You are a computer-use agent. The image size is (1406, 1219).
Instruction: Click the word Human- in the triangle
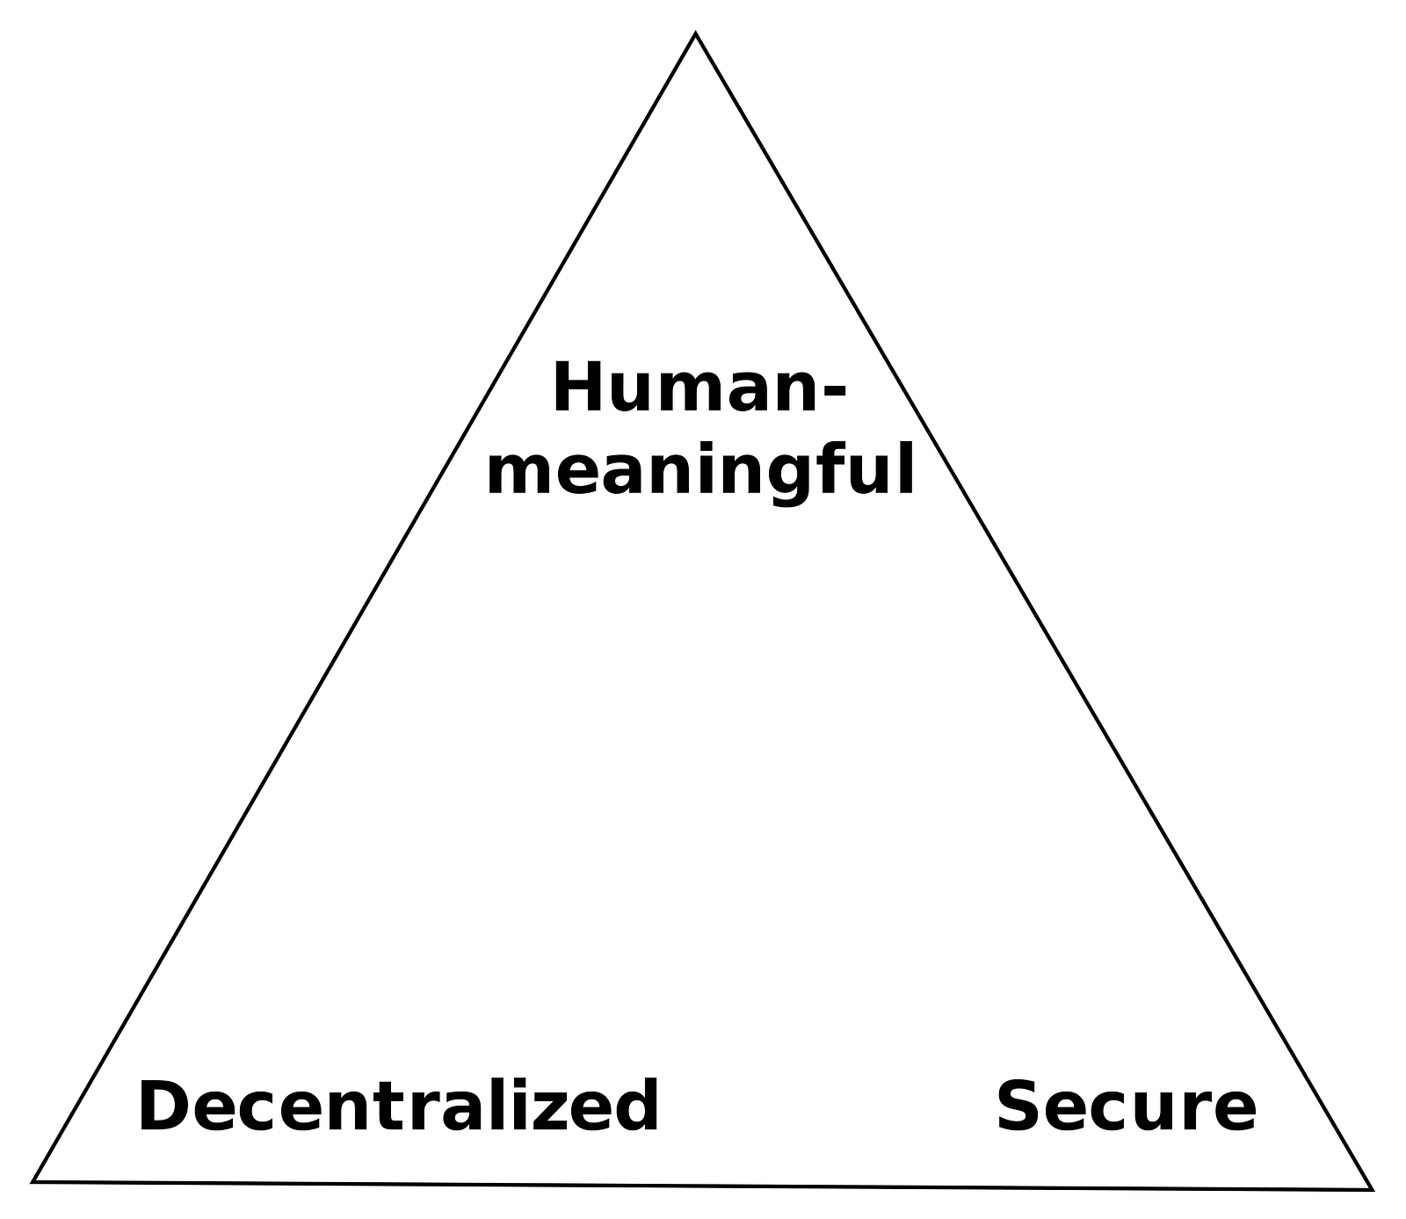[x=699, y=389]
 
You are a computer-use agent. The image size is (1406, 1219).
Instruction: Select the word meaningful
[x=700, y=471]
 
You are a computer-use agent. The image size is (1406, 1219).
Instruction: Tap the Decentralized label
[x=398, y=1107]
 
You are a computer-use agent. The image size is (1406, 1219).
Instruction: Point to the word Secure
[x=1126, y=1107]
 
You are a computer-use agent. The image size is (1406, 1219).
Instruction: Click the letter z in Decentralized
[x=563, y=1112]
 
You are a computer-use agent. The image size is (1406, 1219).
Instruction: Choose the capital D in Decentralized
[x=163, y=1107]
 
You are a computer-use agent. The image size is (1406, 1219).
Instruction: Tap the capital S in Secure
[x=1019, y=1107]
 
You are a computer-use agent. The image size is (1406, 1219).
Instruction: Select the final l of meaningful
[x=906, y=468]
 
